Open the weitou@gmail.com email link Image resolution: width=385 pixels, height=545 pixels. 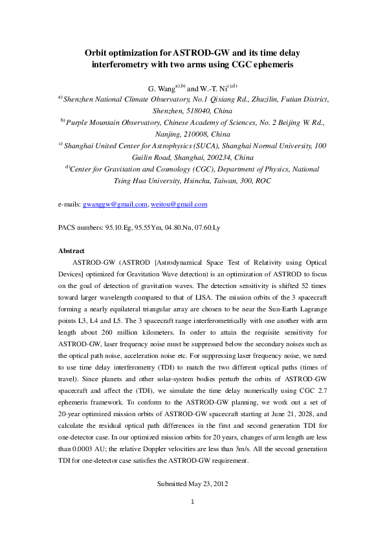(179, 204)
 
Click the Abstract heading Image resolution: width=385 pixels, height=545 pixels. (72, 250)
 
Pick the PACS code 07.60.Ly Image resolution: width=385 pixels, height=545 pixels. (224, 227)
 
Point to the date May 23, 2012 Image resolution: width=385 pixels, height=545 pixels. (206, 484)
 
